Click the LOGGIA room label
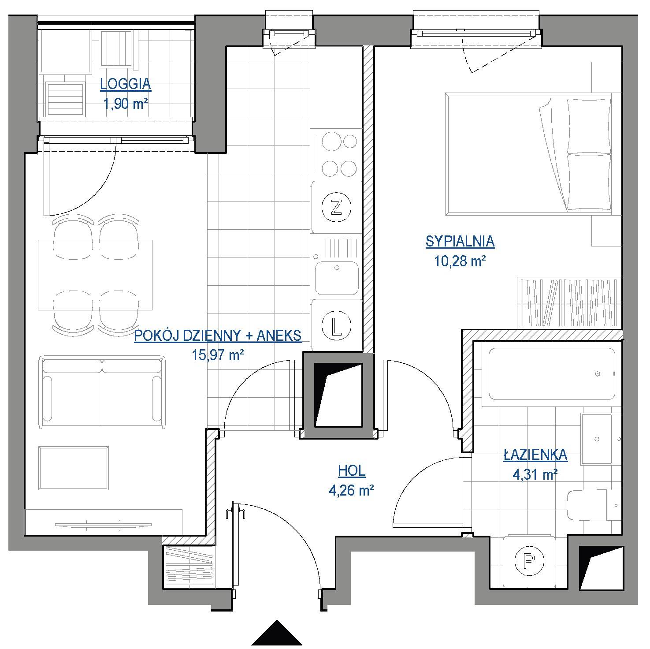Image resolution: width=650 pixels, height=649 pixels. coord(126,84)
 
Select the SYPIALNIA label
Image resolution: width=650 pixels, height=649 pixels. coord(460,241)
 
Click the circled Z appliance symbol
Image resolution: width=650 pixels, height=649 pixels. coord(336,207)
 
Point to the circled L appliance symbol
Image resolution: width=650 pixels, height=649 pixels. coord(337,326)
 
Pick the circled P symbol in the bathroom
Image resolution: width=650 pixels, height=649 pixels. coord(529,560)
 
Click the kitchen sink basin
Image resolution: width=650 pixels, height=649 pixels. coord(337,278)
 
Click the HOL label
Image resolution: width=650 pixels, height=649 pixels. coord(352,471)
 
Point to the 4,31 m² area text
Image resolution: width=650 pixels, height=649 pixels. coord(535,474)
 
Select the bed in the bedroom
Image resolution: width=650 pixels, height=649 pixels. coord(529,154)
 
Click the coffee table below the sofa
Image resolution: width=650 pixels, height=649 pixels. coord(74,468)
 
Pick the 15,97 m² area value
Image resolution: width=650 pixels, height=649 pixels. coord(218,354)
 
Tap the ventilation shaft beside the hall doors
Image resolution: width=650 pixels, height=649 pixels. coord(338,395)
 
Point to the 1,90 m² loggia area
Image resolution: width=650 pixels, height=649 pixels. coord(126,104)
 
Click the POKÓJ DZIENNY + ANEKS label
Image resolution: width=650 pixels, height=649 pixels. coord(218,336)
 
